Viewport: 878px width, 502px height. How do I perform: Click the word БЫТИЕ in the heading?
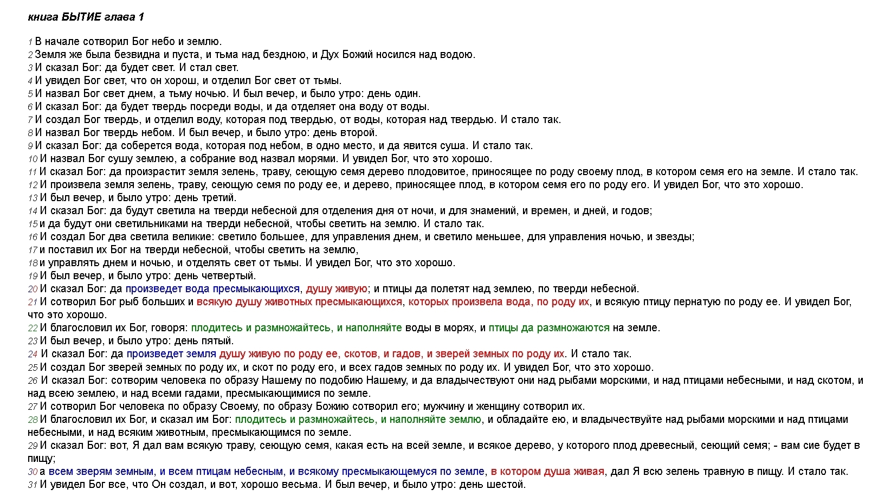point(82,17)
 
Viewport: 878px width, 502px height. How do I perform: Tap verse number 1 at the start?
point(30,42)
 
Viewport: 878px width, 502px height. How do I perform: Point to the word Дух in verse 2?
point(330,54)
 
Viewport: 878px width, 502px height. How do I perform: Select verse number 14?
point(33,211)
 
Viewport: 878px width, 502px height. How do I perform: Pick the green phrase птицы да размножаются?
point(549,327)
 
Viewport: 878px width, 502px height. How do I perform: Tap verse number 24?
point(33,355)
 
